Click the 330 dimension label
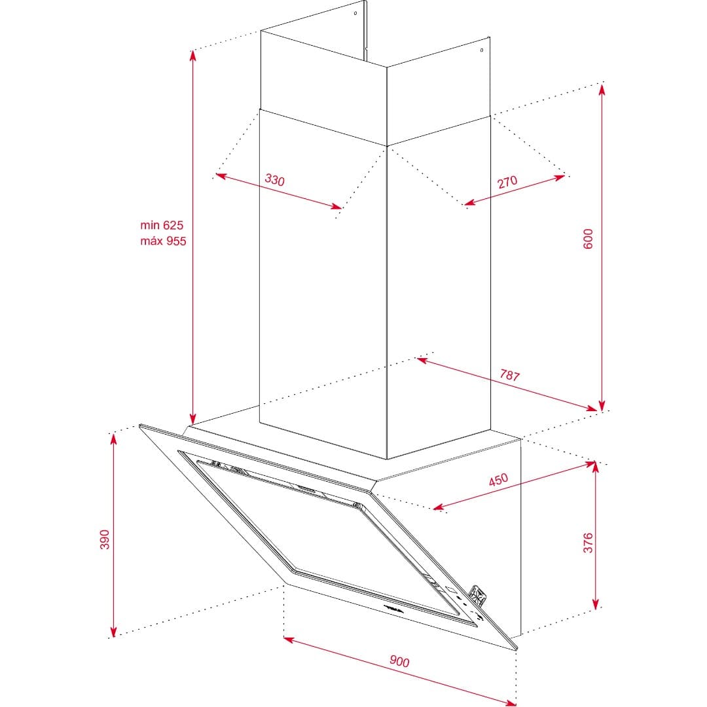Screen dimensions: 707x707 [274, 180]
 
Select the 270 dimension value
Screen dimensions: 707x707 [507, 182]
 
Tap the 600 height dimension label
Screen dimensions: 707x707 [588, 239]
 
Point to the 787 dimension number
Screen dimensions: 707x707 [509, 374]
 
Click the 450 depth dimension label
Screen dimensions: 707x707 [498, 480]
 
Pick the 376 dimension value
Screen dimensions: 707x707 [588, 543]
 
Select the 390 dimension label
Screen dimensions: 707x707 [104, 539]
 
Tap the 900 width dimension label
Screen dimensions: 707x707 [399, 661]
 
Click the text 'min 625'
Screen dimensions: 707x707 [162, 225]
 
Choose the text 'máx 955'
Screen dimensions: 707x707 [163, 241]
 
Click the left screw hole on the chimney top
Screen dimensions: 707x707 [355, 13]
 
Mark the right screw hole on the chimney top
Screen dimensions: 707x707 [482, 50]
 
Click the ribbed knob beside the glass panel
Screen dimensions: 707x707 [479, 595]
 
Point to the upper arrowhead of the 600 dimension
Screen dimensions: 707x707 [602, 89]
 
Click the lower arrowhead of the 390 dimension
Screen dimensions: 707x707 [113, 630]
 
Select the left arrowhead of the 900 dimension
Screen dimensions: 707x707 [289, 640]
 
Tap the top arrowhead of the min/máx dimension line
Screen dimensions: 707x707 [192, 56]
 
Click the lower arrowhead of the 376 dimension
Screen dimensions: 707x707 [596, 604]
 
